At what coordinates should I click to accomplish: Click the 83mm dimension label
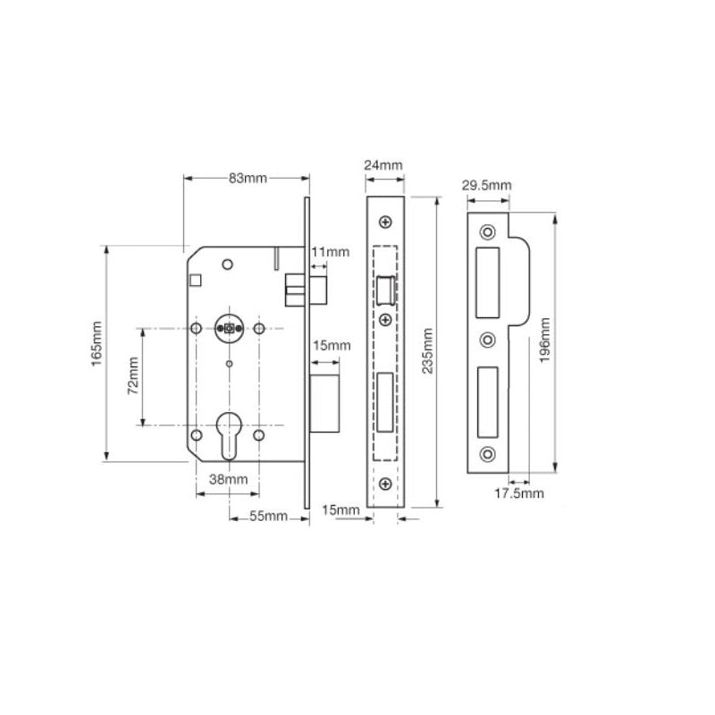click(248, 179)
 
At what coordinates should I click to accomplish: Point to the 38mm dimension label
click(228, 480)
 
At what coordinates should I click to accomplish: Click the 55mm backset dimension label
click(267, 517)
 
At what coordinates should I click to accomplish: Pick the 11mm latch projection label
click(331, 253)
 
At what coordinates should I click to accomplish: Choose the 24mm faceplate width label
click(383, 166)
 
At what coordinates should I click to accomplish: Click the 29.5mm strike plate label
click(486, 186)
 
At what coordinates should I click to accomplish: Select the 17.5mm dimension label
click(521, 492)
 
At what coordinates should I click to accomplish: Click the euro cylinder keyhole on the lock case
click(228, 433)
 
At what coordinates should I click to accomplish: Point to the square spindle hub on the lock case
click(228, 329)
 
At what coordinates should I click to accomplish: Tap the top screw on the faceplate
click(384, 222)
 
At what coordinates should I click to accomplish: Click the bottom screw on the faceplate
click(384, 484)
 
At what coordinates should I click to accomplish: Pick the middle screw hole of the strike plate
click(487, 340)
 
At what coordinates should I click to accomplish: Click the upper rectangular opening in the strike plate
click(488, 281)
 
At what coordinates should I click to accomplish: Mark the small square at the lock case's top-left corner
click(197, 281)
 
